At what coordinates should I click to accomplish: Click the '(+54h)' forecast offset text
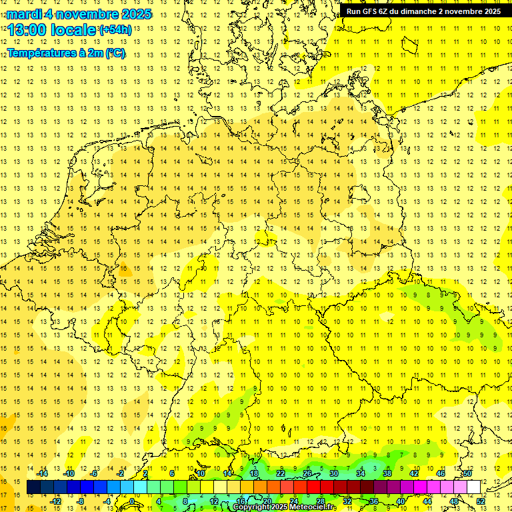[x=115, y=30]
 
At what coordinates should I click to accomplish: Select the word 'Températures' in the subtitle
[x=40, y=53]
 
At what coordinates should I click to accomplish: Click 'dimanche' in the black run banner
[x=418, y=11]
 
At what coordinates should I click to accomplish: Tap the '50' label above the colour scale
[x=467, y=473]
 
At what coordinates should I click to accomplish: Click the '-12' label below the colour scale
[x=56, y=501]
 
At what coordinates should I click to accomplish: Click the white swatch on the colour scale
[x=474, y=487]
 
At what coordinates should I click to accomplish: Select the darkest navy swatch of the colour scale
[x=33, y=487]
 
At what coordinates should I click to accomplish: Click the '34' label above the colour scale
[x=361, y=473]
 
